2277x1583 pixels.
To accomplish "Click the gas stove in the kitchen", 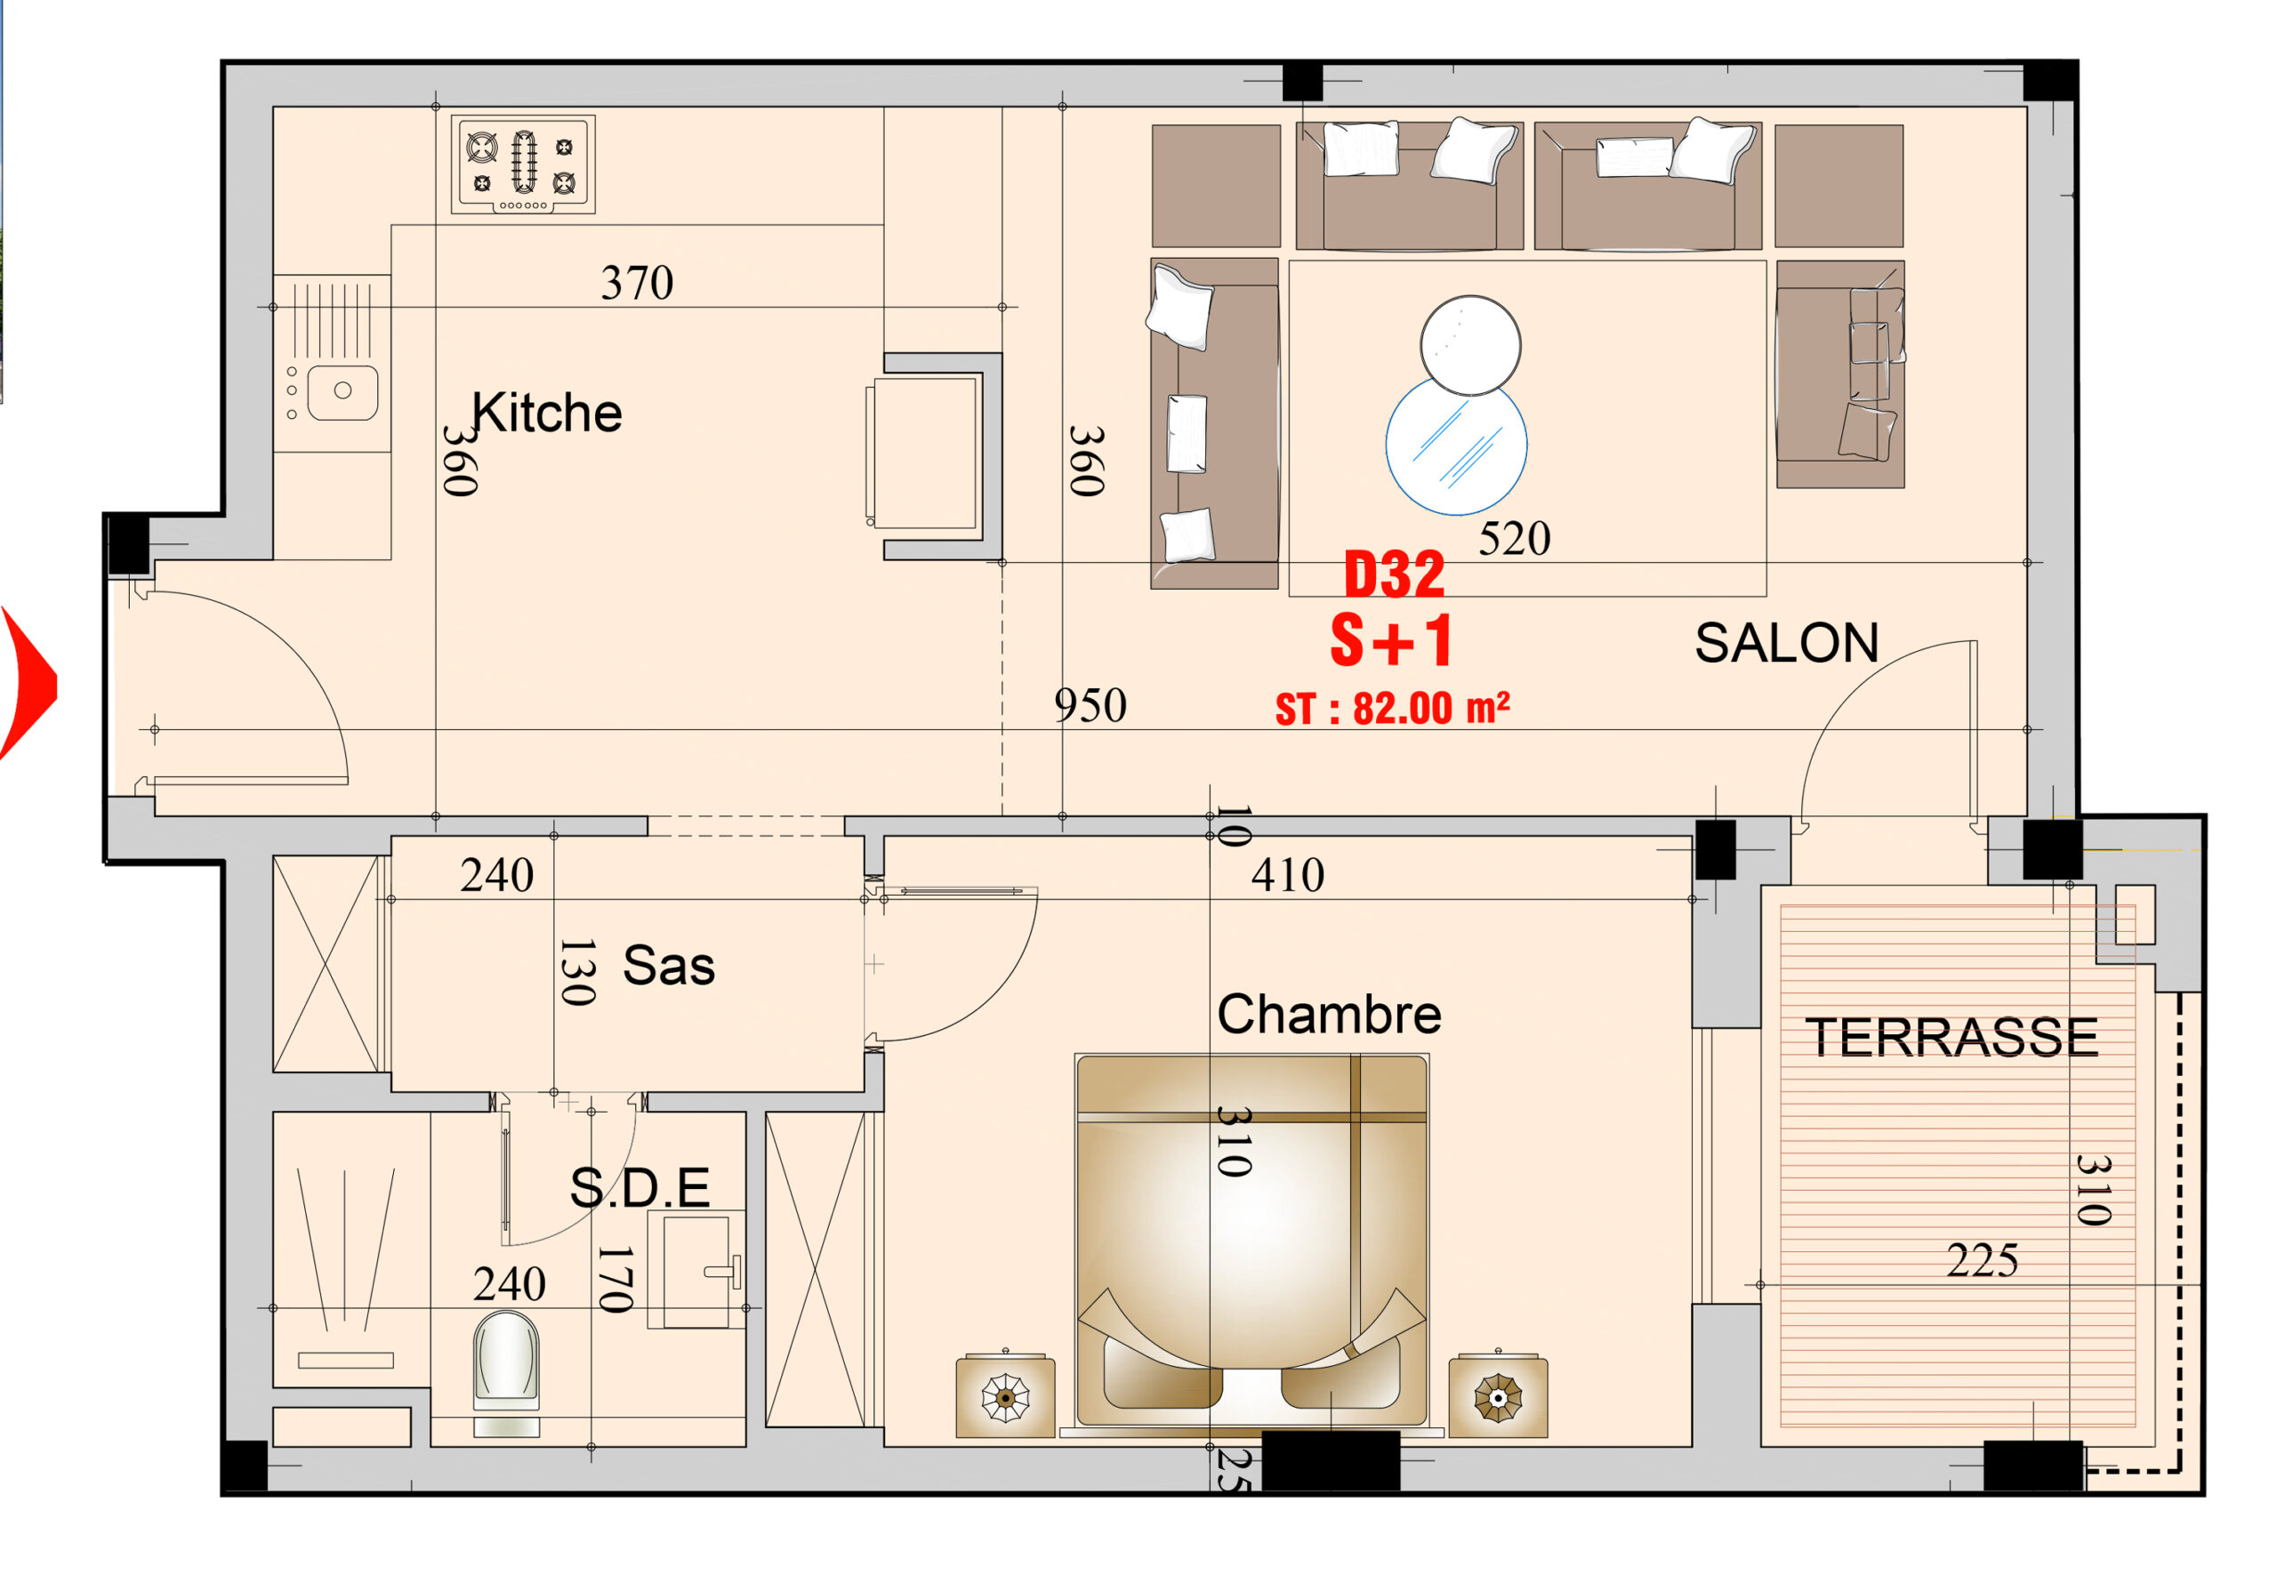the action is [x=523, y=164].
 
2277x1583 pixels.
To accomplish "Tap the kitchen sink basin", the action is [x=342, y=392].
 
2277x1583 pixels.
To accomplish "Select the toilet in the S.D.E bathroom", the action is [x=507, y=1373].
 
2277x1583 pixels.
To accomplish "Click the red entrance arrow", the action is [x=28, y=685].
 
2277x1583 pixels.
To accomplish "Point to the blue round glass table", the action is [x=1456, y=446].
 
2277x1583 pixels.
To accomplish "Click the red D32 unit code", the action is [x=1394, y=576].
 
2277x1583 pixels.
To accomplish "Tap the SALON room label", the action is [x=1786, y=643].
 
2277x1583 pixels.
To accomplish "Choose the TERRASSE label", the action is [x=1951, y=1038].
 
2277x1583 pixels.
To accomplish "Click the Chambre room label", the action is [x=1329, y=1014].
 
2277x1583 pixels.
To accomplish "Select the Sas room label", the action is [x=668, y=965].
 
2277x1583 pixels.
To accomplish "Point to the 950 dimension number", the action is [x=1090, y=706].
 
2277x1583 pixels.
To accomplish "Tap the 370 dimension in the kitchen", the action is [x=637, y=284].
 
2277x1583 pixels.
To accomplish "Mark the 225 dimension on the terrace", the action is [x=1982, y=1261].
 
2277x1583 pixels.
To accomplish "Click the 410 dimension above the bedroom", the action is [x=1287, y=875].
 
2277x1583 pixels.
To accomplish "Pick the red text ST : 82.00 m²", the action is [x=1392, y=708].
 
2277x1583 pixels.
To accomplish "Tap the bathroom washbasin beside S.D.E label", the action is [x=696, y=1270].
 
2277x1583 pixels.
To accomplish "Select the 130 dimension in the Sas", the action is [x=577, y=972].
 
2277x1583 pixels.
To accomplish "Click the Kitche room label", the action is [x=546, y=413].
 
